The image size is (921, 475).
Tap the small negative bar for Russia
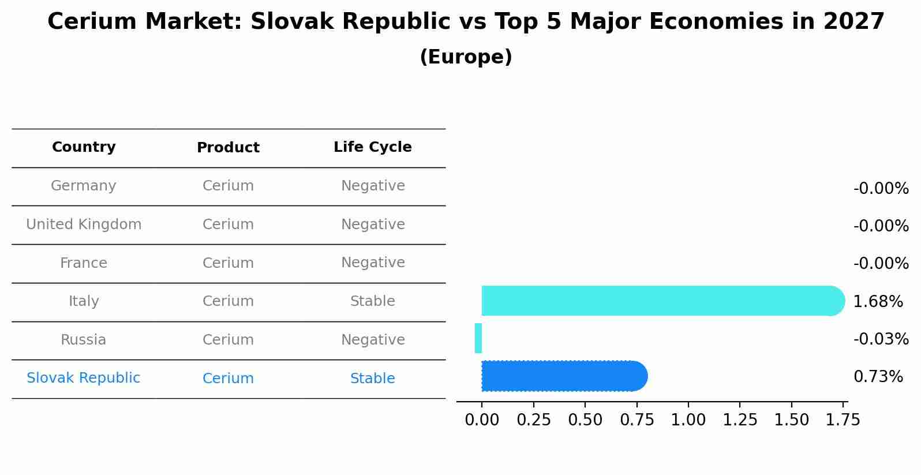tap(478, 338)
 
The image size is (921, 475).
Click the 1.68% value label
tap(878, 301)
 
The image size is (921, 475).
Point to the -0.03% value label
tap(881, 339)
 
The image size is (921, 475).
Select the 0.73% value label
tap(878, 377)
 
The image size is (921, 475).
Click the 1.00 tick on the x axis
tap(688, 420)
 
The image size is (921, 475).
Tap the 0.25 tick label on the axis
tap(533, 420)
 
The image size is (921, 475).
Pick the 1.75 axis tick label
tap(843, 420)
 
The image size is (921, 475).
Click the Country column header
tap(84, 147)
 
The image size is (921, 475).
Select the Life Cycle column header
tap(373, 147)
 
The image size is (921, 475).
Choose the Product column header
tap(228, 148)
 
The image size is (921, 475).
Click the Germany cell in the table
tap(84, 186)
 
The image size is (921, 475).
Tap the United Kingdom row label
tap(84, 225)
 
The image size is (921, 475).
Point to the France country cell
tap(84, 263)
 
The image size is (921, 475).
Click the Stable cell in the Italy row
tap(373, 301)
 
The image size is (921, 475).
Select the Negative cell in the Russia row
tap(373, 340)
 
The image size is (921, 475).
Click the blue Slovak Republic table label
tap(84, 378)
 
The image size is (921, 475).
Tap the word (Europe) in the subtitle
tap(466, 57)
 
